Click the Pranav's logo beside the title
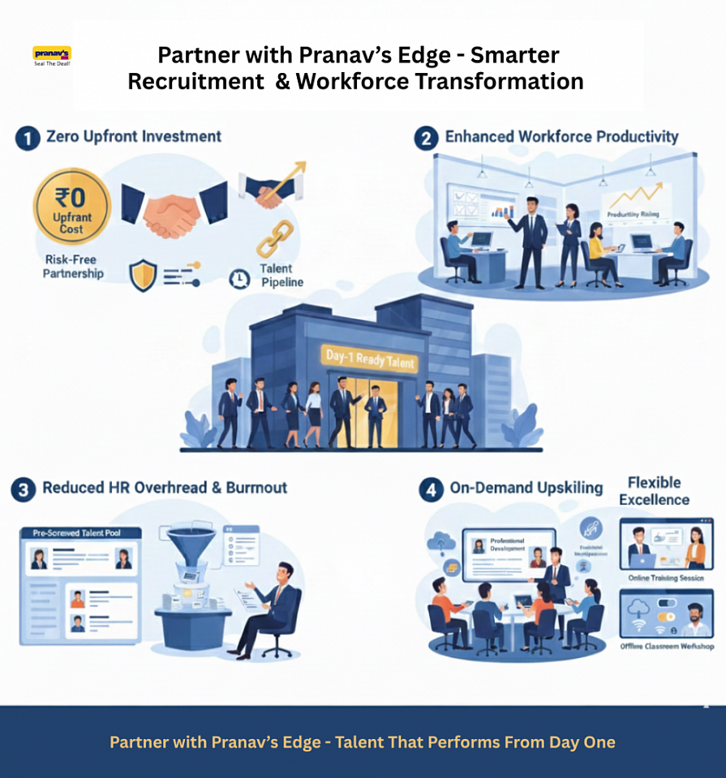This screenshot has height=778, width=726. [x=52, y=56]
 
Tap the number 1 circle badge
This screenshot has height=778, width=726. [x=28, y=138]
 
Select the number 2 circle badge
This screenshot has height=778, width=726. [x=427, y=139]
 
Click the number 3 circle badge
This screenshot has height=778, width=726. [x=24, y=489]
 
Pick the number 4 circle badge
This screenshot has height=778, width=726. [x=430, y=489]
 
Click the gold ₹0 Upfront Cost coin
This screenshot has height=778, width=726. [x=71, y=207]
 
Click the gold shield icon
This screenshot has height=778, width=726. [x=142, y=276]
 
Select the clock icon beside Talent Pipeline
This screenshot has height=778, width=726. [x=238, y=279]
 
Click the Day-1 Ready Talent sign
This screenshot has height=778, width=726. [x=370, y=358]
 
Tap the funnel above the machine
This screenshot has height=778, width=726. [x=191, y=542]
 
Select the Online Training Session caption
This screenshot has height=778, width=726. [x=666, y=579]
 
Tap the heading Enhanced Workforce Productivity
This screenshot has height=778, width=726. [x=561, y=137]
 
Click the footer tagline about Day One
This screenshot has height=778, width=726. [x=363, y=742]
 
